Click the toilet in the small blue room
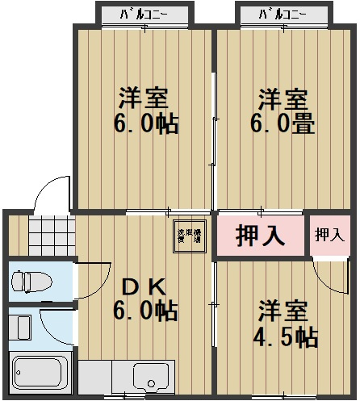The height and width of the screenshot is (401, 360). click(x=31, y=281)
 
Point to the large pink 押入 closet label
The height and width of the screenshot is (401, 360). click(x=260, y=236)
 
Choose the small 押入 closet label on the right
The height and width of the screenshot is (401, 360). click(x=328, y=236)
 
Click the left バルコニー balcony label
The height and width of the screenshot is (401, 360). click(x=144, y=15)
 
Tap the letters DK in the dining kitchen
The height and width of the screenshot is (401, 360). click(x=144, y=286)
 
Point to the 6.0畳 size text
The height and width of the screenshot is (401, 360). click(x=282, y=124)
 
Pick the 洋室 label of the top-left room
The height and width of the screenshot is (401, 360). click(x=143, y=98)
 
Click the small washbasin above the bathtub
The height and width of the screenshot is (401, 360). click(x=23, y=326)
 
